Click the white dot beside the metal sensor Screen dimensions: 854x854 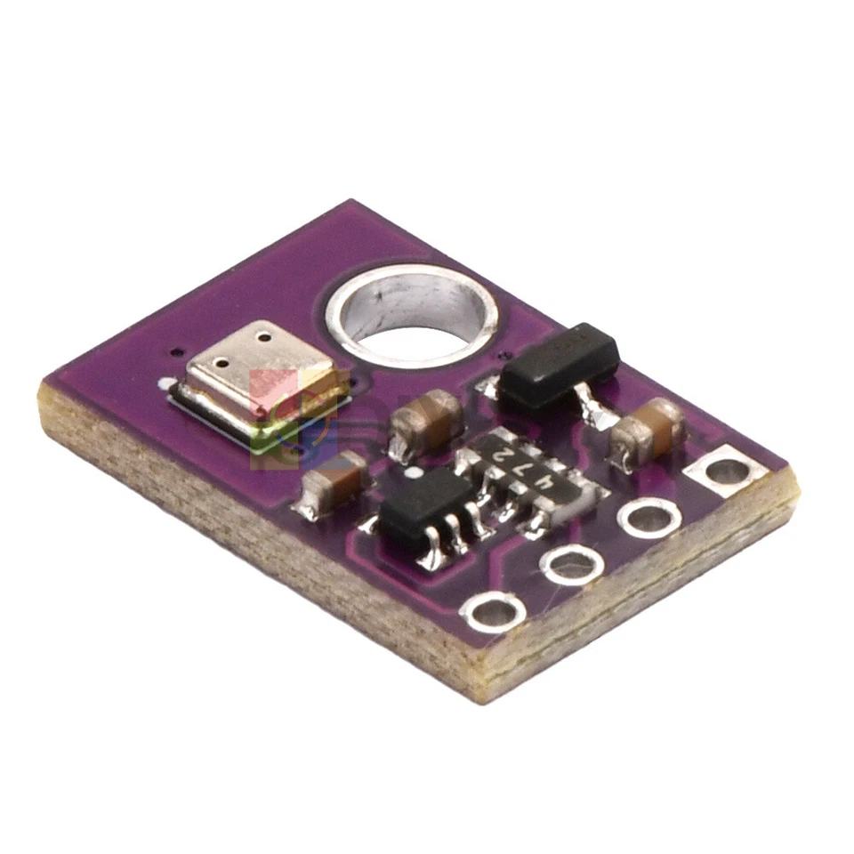(166, 384)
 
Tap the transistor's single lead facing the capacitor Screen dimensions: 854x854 (591, 407)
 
